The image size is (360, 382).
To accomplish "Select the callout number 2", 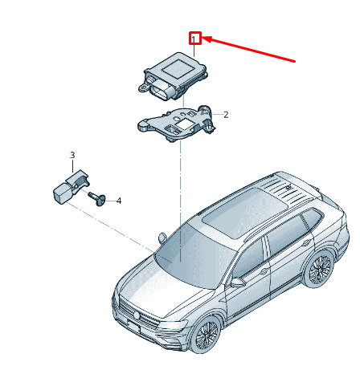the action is pos(226,115).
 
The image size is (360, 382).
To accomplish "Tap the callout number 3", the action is pos(72,155).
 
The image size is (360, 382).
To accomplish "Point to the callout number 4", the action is pos(119,201).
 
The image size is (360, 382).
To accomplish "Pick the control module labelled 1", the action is pos(173,76).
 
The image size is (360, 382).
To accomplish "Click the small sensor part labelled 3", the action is pos(71,187).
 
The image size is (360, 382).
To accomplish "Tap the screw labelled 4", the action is pos(97,198).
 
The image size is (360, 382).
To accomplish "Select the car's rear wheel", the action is pos(319,270).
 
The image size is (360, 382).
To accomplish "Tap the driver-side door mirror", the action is pos(237,282).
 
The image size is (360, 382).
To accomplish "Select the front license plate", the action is pos(134,327).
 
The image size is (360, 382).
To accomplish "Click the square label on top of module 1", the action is pos(178,69).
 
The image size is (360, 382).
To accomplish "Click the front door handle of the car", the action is pos(264,271).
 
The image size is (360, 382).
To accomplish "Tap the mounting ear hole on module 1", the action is pos(143,87).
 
